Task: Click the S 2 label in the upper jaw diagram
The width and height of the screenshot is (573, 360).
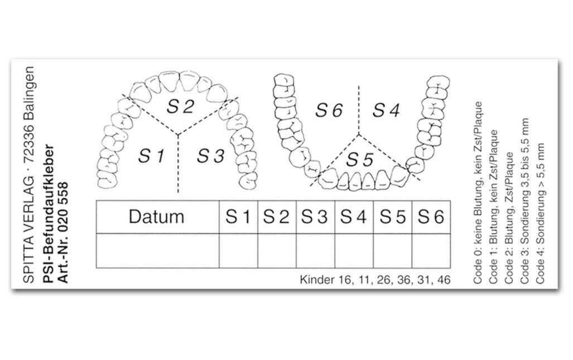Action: (x=180, y=107)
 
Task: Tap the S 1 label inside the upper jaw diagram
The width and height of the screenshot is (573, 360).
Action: (x=152, y=156)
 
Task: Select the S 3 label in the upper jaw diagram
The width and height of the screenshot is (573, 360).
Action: (x=210, y=156)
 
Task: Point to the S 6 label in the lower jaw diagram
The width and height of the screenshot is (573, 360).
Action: (x=329, y=110)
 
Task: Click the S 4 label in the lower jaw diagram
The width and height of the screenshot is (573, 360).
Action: (x=386, y=110)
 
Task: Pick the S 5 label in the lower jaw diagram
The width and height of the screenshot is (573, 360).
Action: (x=360, y=160)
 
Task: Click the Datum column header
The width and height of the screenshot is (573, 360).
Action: (x=156, y=217)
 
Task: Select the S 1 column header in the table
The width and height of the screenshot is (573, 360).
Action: (x=238, y=217)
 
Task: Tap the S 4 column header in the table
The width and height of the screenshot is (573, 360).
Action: (x=354, y=217)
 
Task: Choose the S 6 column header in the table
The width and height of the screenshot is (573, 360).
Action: (x=431, y=217)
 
